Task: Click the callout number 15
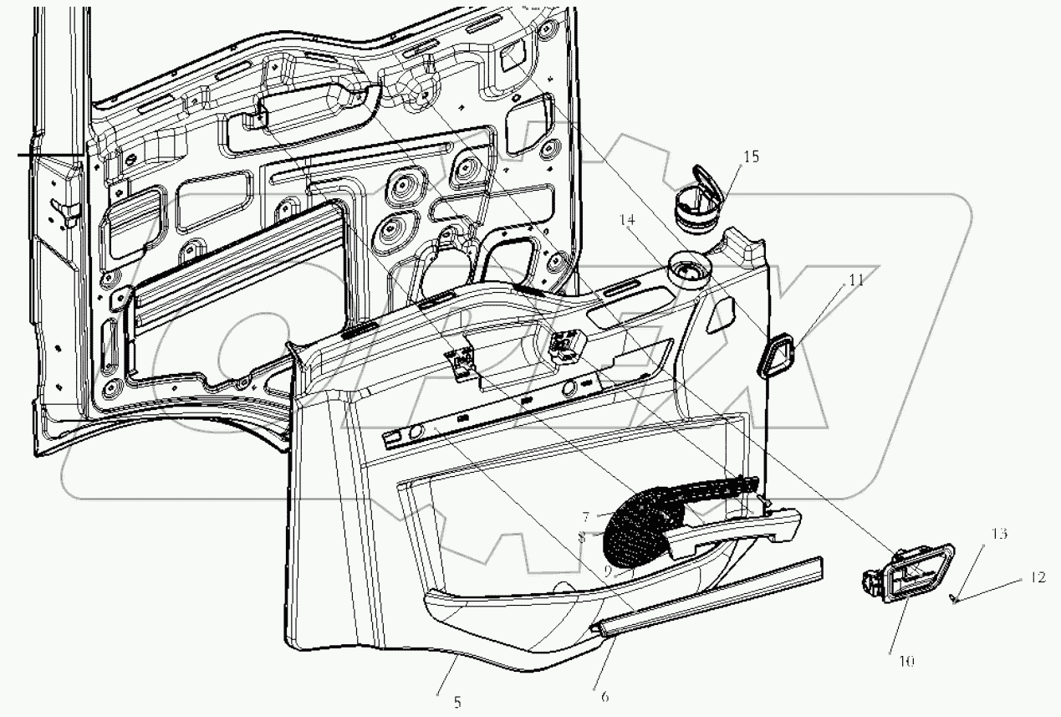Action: (x=751, y=156)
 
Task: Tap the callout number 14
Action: (x=628, y=220)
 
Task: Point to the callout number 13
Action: (x=1000, y=533)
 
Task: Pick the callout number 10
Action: (x=906, y=661)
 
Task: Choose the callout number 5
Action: (x=457, y=702)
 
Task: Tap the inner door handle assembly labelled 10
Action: (x=903, y=576)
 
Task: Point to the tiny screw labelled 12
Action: (x=953, y=597)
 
